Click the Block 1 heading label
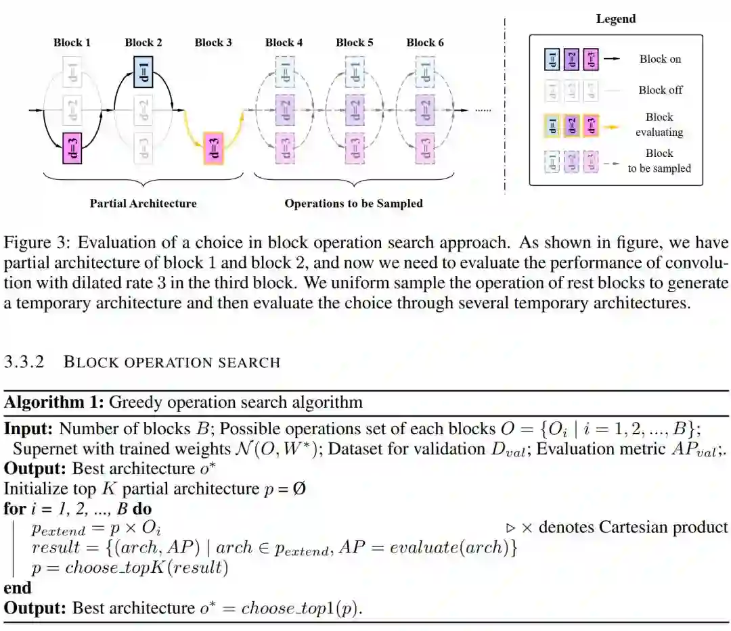click(x=72, y=43)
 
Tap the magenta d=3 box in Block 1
click(x=72, y=148)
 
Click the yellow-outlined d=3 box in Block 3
click(x=213, y=148)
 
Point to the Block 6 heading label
click(x=425, y=43)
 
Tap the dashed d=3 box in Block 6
click(x=425, y=148)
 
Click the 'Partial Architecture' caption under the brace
click(x=143, y=203)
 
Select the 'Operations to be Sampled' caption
click(x=353, y=203)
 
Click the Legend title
click(x=616, y=19)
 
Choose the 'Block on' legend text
click(x=660, y=59)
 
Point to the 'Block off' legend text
click(x=660, y=90)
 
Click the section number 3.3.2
click(x=24, y=362)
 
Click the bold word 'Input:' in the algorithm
click(x=29, y=429)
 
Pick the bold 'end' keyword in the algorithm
click(x=18, y=588)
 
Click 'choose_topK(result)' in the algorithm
click(x=146, y=567)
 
